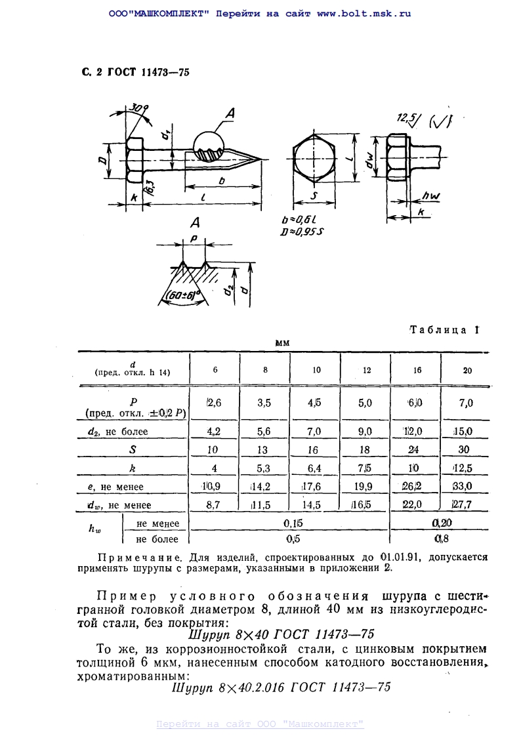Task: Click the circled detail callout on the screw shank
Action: pos(209,147)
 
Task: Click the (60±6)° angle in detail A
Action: pos(182,295)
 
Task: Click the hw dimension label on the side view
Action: pos(430,195)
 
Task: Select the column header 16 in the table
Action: pos(417,370)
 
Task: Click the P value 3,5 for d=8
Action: pos(265,403)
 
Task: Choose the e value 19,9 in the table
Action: pos(365,487)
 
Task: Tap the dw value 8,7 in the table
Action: pos(215,505)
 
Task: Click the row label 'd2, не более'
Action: pos(118,432)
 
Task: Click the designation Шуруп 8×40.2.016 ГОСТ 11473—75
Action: pos(280,687)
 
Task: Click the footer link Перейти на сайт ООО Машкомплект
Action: pos(260,724)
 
